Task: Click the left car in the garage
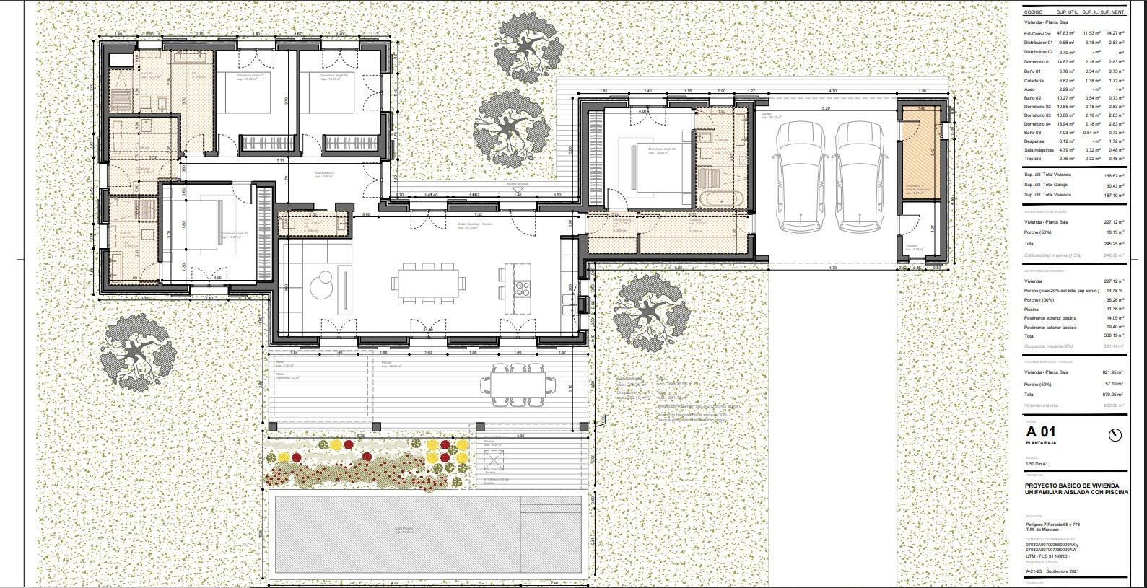801,174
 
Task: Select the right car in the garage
859,174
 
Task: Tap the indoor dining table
425,283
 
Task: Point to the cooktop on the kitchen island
521,288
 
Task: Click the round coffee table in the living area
322,286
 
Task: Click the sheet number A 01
1040,432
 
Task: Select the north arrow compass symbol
1115,434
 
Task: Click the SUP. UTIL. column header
1067,12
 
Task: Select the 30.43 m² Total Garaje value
1115,185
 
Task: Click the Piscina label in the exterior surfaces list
1032,309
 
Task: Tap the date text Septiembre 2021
1065,571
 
